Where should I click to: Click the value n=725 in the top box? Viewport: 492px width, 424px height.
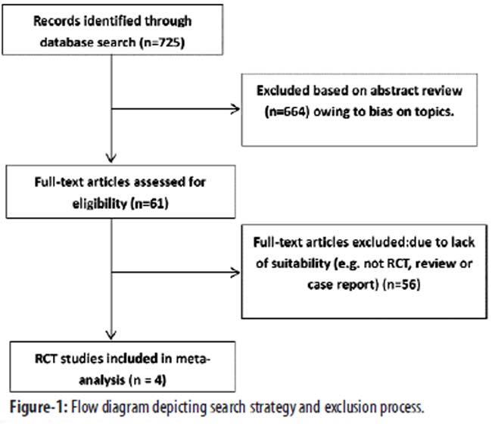point(162,42)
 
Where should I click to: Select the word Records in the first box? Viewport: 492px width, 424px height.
point(57,21)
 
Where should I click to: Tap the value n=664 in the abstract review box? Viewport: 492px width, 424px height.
point(287,112)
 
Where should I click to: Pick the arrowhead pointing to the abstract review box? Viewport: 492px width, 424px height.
point(235,109)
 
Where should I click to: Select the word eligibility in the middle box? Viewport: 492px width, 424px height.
point(99,204)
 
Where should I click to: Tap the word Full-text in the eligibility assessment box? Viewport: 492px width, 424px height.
point(59,182)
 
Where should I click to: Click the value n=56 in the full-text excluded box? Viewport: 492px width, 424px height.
point(404,285)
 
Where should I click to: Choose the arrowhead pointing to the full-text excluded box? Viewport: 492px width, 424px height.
point(235,273)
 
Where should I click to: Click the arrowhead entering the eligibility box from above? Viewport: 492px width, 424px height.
point(111,157)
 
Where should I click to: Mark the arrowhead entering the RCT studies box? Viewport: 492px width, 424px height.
point(111,335)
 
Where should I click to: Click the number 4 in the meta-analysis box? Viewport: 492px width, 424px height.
point(159,380)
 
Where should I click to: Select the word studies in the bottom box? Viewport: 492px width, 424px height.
point(82,359)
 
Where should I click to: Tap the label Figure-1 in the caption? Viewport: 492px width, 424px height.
point(38,407)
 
